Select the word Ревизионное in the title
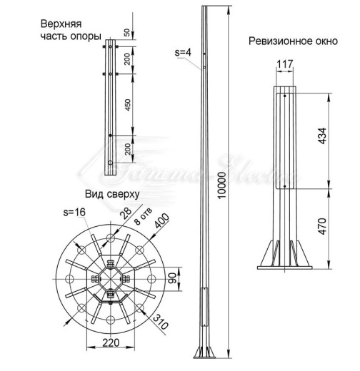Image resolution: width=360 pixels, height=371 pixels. tap(278, 41)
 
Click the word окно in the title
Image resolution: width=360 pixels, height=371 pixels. tap(322, 41)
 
